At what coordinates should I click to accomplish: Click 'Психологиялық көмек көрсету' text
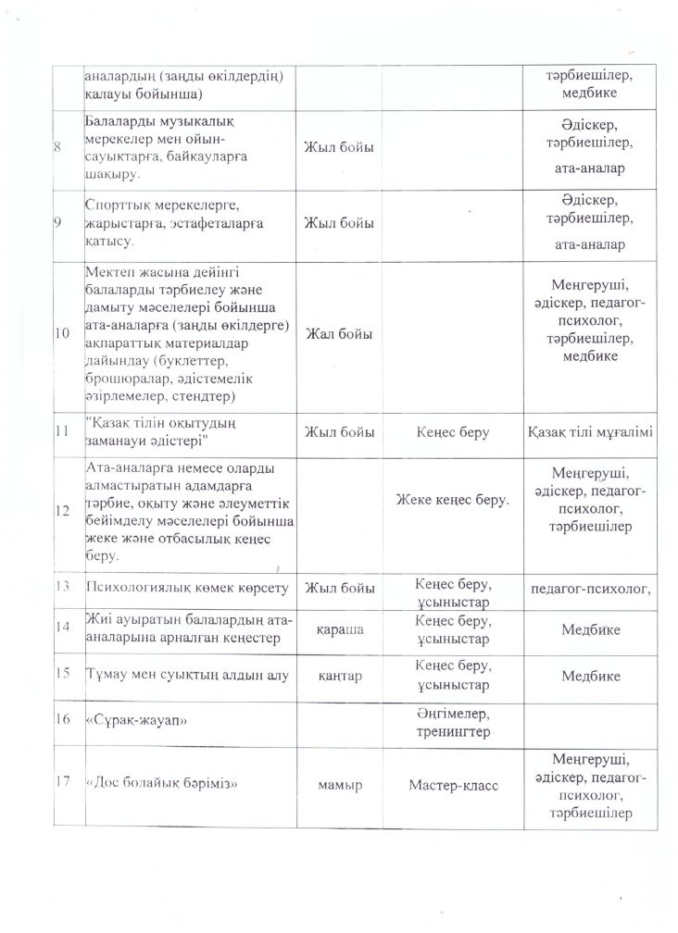tap(187, 588)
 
